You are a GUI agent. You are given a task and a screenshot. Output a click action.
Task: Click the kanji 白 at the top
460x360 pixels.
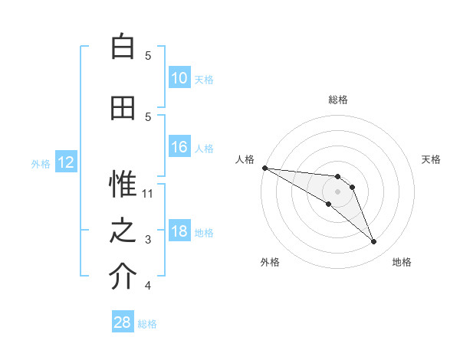click(123, 47)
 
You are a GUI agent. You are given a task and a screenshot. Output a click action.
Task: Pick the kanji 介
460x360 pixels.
click(123, 277)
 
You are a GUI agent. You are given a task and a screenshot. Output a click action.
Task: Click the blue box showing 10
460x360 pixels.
click(179, 78)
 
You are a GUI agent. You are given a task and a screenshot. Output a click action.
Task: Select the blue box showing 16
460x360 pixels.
click(179, 148)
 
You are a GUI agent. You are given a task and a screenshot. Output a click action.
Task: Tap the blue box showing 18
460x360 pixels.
click(179, 232)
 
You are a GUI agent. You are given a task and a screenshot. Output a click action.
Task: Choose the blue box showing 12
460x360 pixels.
click(66, 162)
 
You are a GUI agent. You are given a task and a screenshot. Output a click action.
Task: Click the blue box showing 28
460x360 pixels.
click(123, 322)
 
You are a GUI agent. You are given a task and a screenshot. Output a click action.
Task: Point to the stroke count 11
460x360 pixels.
click(148, 194)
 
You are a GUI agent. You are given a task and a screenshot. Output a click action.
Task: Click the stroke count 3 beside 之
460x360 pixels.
click(148, 240)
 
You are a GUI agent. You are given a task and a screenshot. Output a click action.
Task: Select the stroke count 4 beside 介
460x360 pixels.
click(148, 286)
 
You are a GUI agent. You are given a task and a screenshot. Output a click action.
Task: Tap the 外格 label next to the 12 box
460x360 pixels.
click(41, 163)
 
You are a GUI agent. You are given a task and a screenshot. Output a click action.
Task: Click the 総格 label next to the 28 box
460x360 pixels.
click(147, 324)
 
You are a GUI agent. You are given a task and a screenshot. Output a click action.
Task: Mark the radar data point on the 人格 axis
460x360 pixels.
click(264, 168)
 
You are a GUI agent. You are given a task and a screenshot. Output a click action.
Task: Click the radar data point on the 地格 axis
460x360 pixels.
click(373, 242)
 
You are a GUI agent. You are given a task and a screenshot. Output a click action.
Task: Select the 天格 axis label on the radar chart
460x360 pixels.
click(431, 159)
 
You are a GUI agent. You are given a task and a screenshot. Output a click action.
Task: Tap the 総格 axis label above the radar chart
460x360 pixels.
click(337, 100)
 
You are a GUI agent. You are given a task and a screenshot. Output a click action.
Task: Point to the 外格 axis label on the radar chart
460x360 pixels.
click(270, 262)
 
